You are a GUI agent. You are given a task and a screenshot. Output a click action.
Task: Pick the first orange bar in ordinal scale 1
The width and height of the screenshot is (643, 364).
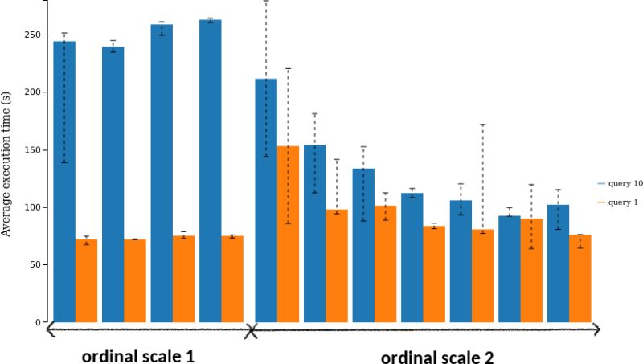tap(86, 280)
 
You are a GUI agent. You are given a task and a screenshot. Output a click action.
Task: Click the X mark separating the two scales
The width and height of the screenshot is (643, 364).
tap(250, 329)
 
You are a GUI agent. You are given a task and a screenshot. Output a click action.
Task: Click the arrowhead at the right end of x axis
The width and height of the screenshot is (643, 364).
tap(596, 329)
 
